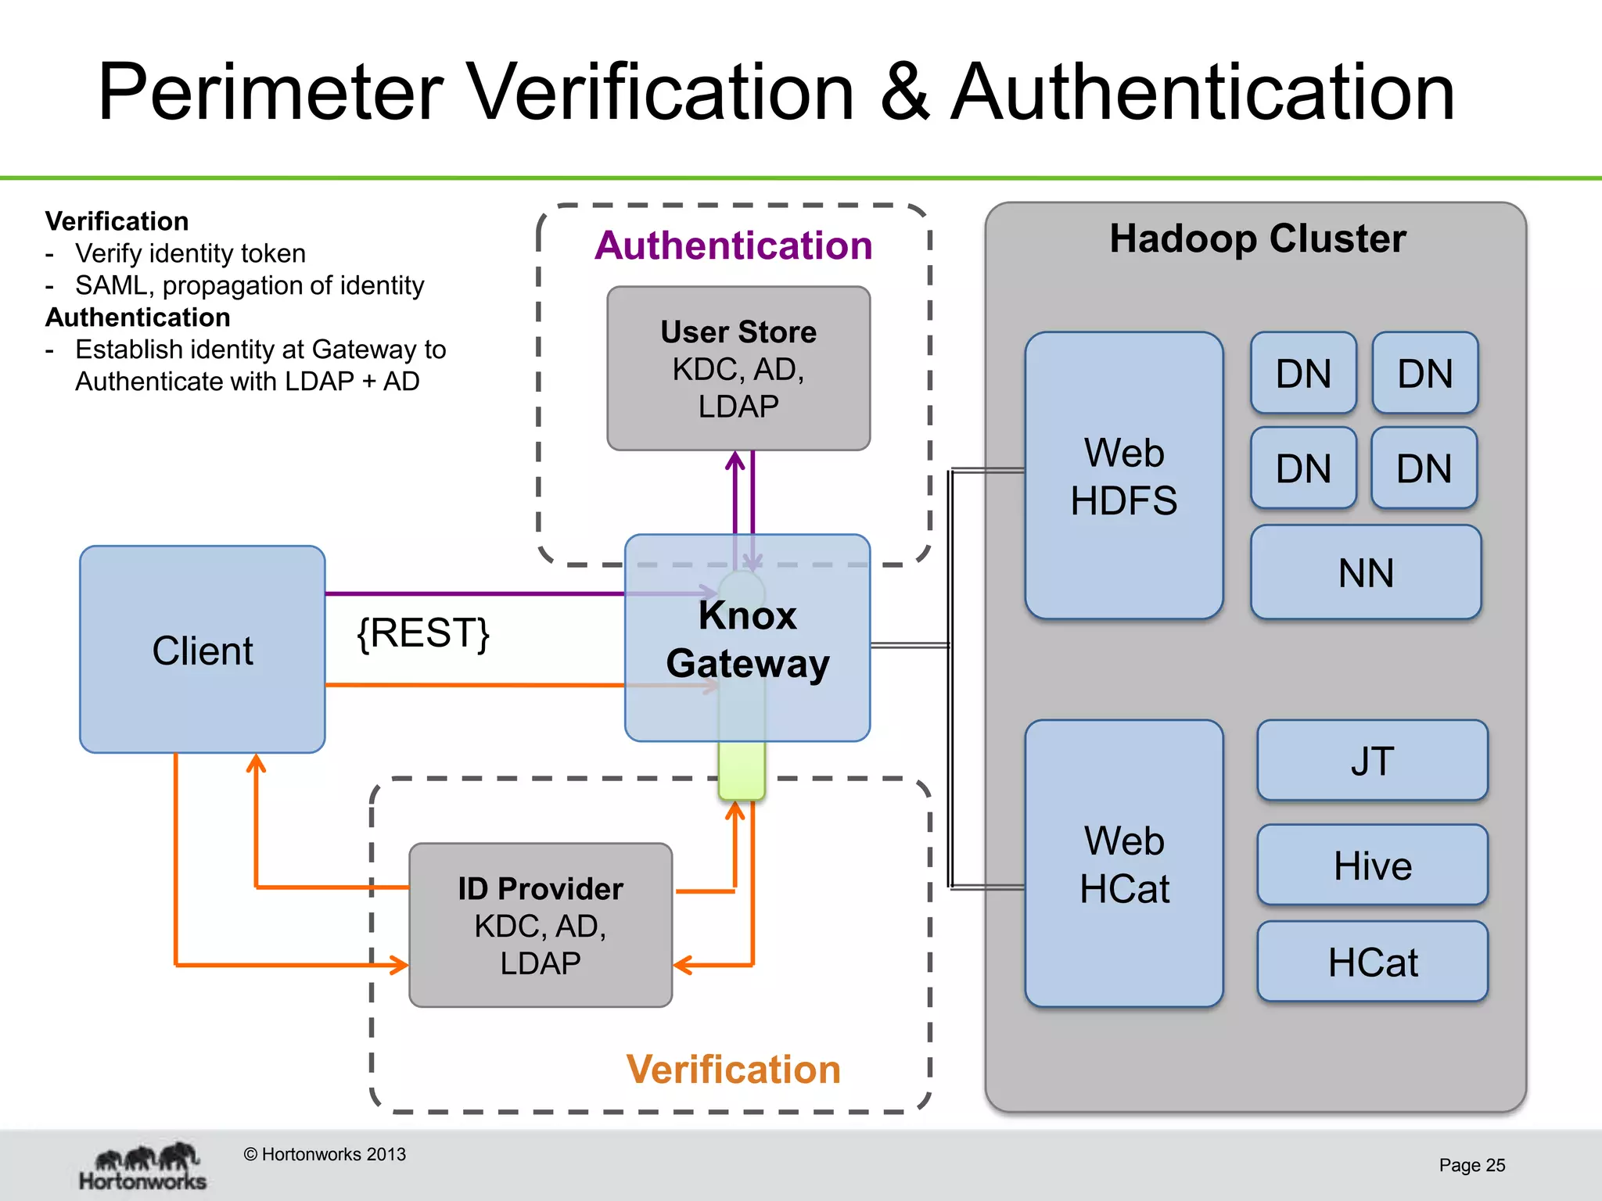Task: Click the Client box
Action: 202,649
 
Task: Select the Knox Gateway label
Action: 747,639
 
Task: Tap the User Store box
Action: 738,368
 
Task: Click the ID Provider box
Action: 541,925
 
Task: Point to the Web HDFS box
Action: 1123,475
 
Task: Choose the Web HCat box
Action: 1123,863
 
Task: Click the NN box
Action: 1365,572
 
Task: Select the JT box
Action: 1372,760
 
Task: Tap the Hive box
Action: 1372,865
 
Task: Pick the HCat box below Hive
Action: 1372,961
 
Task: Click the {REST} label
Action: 423,633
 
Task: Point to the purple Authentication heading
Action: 733,246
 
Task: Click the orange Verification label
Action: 733,1069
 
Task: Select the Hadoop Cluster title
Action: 1257,238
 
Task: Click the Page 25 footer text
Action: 1471,1165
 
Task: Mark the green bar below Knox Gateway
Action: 742,770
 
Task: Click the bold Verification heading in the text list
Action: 117,221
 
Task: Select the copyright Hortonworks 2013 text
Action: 325,1154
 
